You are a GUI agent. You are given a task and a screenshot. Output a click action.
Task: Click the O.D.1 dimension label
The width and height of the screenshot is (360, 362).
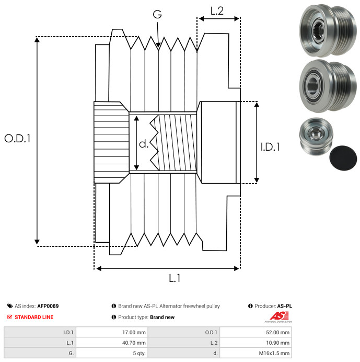pyautogui.click(x=18, y=139)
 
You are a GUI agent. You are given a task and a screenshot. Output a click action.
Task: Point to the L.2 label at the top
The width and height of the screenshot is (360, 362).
pyautogui.click(x=217, y=11)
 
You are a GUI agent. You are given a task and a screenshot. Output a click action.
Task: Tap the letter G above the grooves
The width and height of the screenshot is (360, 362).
pyautogui.click(x=157, y=15)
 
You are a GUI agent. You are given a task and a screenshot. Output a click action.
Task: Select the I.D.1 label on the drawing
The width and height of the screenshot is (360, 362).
pyautogui.click(x=270, y=147)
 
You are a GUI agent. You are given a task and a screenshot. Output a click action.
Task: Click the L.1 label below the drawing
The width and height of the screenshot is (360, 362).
pyautogui.click(x=175, y=278)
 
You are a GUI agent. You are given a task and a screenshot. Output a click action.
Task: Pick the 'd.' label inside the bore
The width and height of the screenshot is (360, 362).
pyautogui.click(x=144, y=143)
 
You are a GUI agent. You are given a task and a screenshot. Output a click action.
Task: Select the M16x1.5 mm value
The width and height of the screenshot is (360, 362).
pyautogui.click(x=275, y=353)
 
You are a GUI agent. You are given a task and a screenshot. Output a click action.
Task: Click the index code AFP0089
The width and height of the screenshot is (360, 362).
pyautogui.click(x=48, y=306)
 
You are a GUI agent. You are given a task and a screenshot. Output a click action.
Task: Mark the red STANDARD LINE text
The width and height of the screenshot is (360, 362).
pyautogui.click(x=33, y=317)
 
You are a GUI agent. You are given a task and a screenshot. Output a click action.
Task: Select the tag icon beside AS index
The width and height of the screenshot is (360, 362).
pyautogui.click(x=10, y=306)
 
